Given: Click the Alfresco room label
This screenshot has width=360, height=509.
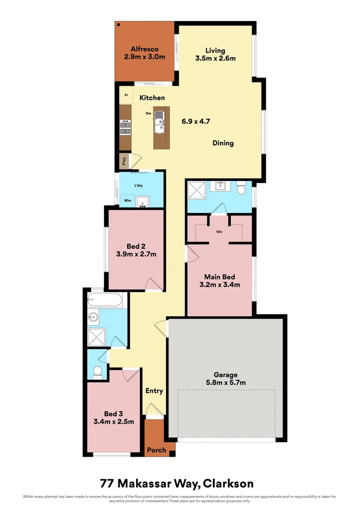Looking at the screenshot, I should click(144, 49).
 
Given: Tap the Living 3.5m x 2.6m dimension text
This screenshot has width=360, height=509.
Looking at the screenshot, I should click(215, 58).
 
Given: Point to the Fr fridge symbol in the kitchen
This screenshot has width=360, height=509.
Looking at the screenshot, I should click(126, 95).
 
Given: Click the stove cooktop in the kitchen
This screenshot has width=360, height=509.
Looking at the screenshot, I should click(125, 127).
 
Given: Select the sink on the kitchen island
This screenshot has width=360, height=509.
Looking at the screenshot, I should click(160, 121).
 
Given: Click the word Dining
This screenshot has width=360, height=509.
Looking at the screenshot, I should click(223, 143).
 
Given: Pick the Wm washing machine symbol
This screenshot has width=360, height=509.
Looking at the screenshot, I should click(127, 200).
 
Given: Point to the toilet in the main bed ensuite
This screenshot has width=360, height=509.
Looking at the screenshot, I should click(242, 189).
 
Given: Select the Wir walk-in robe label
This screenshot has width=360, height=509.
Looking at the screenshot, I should click(219, 232).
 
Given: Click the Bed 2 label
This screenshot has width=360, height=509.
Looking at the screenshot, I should click(133, 246).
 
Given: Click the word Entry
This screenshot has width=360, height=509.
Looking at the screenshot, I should click(154, 391).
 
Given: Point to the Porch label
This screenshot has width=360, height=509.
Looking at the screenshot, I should click(156, 450).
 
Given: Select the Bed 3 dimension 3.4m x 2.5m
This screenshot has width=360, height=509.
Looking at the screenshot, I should click(114, 422).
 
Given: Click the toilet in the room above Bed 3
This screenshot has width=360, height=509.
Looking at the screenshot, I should click(98, 372).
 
